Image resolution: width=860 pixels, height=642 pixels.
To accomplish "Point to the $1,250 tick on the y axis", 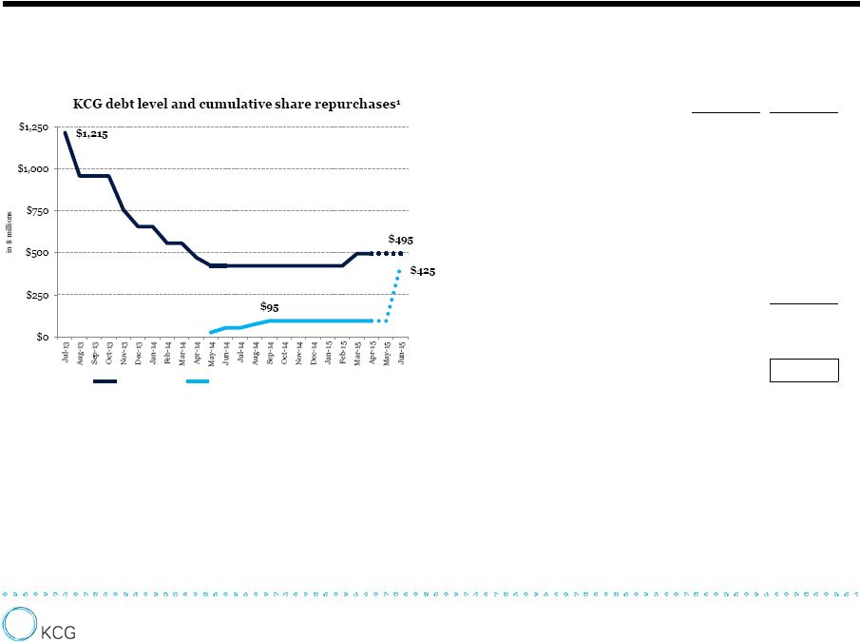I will point(36,127).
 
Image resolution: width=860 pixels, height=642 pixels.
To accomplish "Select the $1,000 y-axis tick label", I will point(36,169).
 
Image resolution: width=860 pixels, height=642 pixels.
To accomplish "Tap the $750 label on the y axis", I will point(40,211).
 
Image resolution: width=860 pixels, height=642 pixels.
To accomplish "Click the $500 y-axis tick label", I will point(40,253).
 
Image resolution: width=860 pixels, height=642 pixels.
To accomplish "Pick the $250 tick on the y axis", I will point(40,295).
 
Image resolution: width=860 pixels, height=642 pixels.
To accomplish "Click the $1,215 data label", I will point(91,134).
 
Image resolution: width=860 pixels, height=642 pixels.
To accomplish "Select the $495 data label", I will point(400,240).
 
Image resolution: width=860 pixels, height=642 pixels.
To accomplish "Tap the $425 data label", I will point(423,272).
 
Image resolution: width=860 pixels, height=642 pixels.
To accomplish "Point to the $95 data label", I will point(270,307).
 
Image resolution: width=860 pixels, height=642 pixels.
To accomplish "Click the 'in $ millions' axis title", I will point(10,233).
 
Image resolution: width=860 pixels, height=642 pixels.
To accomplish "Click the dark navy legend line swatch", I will point(105,381).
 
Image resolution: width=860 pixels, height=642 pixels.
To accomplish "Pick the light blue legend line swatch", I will point(198,381).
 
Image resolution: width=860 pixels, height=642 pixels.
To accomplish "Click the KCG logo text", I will point(58,631).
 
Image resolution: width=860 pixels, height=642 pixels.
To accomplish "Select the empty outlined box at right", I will point(804,370).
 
